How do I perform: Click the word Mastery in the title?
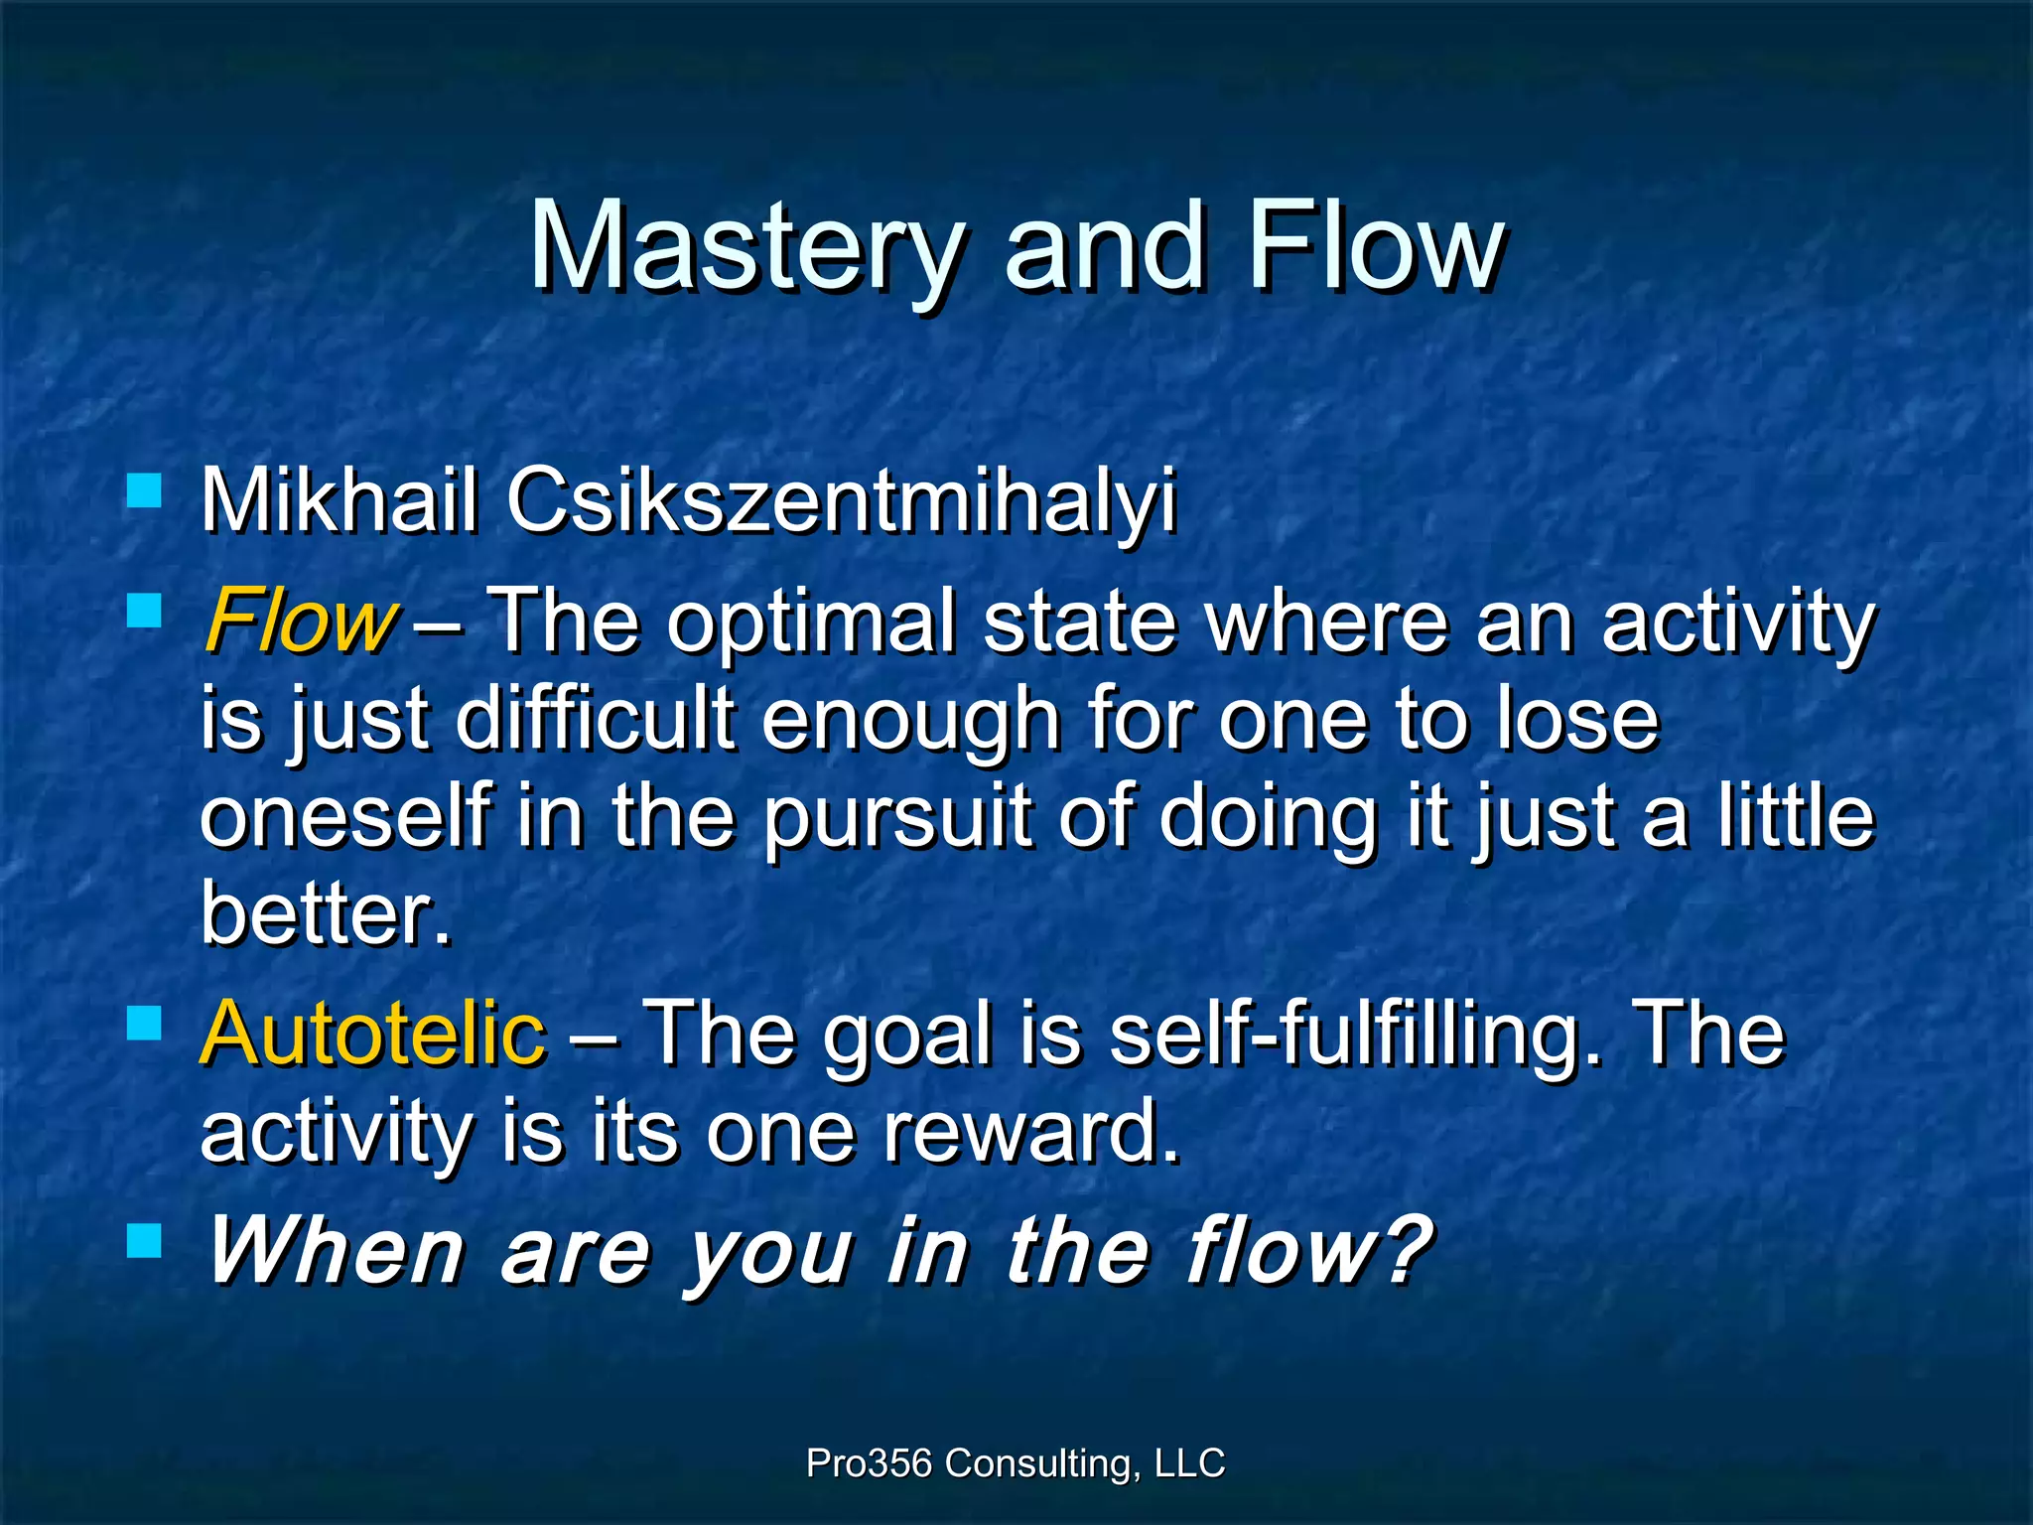coord(745,248)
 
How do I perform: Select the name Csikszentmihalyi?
coord(841,501)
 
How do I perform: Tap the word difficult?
coord(596,720)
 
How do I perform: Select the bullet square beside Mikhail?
coord(145,490)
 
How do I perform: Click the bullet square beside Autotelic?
coord(145,1023)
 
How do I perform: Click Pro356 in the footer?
coord(869,1463)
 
